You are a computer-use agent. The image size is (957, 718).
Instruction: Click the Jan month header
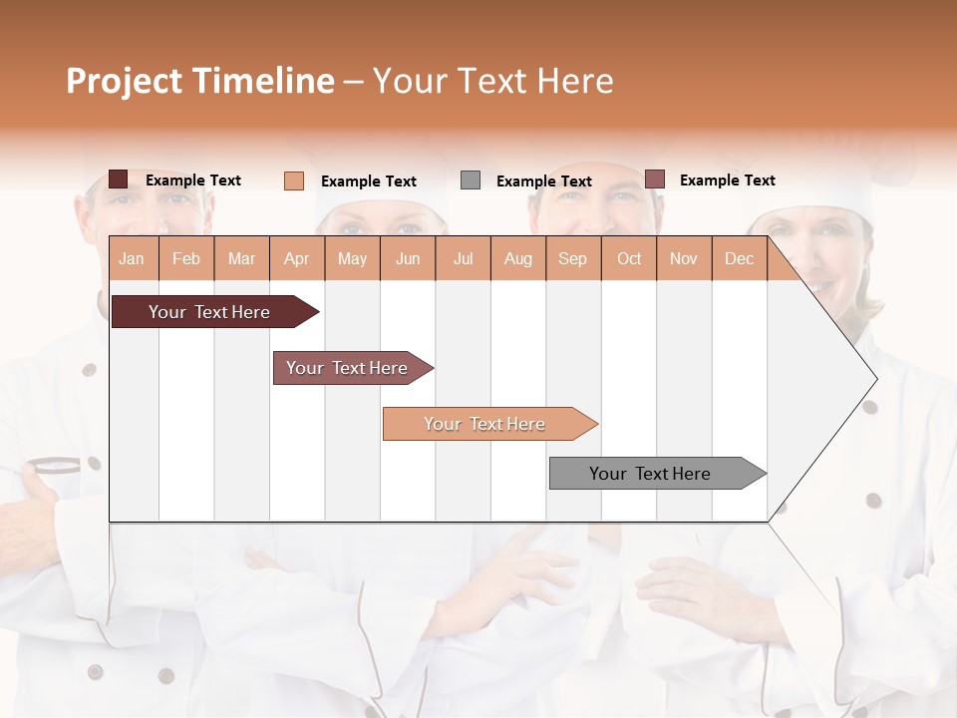click(132, 258)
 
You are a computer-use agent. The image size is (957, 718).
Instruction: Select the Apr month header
click(296, 258)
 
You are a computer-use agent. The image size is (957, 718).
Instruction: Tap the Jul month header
click(463, 258)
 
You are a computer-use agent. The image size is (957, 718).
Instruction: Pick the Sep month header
click(572, 258)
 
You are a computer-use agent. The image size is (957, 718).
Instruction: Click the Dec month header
click(739, 258)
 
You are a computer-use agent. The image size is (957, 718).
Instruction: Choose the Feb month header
click(186, 258)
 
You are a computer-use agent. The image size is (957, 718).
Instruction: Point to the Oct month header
click(629, 258)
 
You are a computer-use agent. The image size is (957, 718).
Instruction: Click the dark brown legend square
click(119, 179)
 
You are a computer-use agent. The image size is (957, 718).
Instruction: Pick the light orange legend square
click(294, 180)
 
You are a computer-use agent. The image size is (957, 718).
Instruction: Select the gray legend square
click(471, 180)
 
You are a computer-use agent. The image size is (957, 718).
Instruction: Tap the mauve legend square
click(654, 179)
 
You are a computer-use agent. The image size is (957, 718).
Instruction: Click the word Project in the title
click(124, 81)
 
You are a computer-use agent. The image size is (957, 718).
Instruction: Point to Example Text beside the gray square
click(543, 181)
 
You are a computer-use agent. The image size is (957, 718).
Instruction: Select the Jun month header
click(408, 258)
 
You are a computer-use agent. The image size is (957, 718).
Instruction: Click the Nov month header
click(684, 258)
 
